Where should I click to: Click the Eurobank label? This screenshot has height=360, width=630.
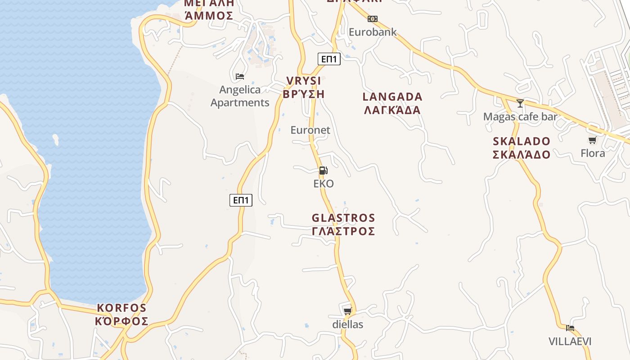[373, 32]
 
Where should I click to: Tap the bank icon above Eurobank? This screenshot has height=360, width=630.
[373, 19]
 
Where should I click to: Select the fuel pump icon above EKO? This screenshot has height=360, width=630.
[323, 171]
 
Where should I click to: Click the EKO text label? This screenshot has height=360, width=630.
[324, 184]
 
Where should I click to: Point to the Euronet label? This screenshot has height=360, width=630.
[310, 130]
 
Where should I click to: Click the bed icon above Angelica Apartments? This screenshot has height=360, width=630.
[240, 76]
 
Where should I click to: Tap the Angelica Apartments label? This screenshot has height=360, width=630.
[240, 96]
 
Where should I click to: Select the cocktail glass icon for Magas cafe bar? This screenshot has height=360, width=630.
[520, 103]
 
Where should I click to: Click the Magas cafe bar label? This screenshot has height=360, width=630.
[520, 117]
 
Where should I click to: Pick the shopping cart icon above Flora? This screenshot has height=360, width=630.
[593, 140]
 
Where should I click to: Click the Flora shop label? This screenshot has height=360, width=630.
[593, 153]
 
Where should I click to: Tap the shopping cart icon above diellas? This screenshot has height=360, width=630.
[347, 311]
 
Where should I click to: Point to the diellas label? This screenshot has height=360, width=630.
[347, 324]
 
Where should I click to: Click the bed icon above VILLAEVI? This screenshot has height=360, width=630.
[570, 328]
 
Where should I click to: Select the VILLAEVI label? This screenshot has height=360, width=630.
[570, 341]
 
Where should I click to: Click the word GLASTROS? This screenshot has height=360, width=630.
[343, 218]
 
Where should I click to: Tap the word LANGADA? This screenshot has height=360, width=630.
[392, 97]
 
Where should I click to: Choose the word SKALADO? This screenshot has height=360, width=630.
[522, 141]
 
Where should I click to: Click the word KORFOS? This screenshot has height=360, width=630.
[122, 308]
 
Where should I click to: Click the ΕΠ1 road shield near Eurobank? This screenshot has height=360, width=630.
[329, 58]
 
